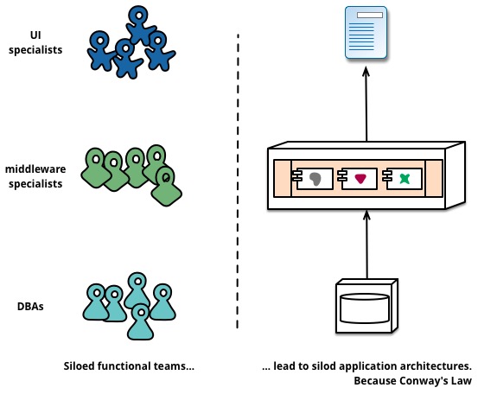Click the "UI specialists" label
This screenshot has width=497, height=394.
[x=35, y=42]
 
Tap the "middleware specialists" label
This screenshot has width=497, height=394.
[x=35, y=176]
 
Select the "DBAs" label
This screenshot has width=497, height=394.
[x=30, y=307]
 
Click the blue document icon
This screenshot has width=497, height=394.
[x=366, y=33]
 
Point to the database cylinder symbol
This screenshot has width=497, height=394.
[x=365, y=308]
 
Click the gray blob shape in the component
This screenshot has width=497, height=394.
[x=315, y=179]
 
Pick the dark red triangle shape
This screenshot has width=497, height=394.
[x=360, y=179]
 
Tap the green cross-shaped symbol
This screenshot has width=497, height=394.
[x=405, y=179]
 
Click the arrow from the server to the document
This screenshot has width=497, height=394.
[x=366, y=104]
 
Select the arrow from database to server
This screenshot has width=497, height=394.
[x=366, y=245]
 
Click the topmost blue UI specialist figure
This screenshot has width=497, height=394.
[x=140, y=25]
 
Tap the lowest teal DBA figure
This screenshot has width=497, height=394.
[x=140, y=322]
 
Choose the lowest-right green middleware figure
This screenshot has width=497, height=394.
[x=166, y=187]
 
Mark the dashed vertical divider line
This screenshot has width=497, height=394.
[x=238, y=181]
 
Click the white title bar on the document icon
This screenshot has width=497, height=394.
[x=370, y=16]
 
